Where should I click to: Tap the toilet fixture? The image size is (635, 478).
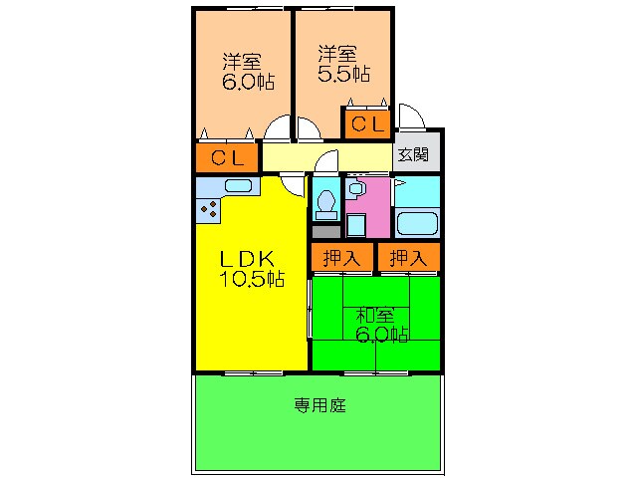[324, 204]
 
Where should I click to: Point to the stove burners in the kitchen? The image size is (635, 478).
[209, 208]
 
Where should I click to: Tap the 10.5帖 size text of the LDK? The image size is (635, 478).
[253, 279]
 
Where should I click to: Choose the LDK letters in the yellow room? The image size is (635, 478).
[253, 257]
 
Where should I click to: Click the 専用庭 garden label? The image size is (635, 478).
[318, 405]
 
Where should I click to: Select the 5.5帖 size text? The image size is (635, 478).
[343, 74]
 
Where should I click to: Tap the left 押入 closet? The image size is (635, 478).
[341, 258]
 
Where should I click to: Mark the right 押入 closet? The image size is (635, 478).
[408, 258]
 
